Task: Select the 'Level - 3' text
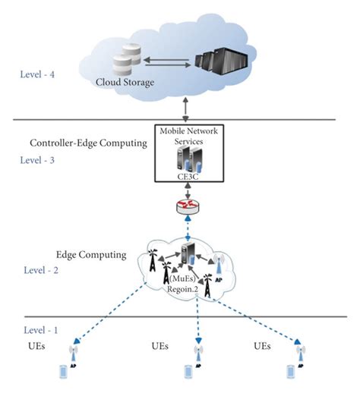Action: tap(42, 160)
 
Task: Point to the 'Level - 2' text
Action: tap(43, 270)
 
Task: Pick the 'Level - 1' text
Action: tap(43, 332)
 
